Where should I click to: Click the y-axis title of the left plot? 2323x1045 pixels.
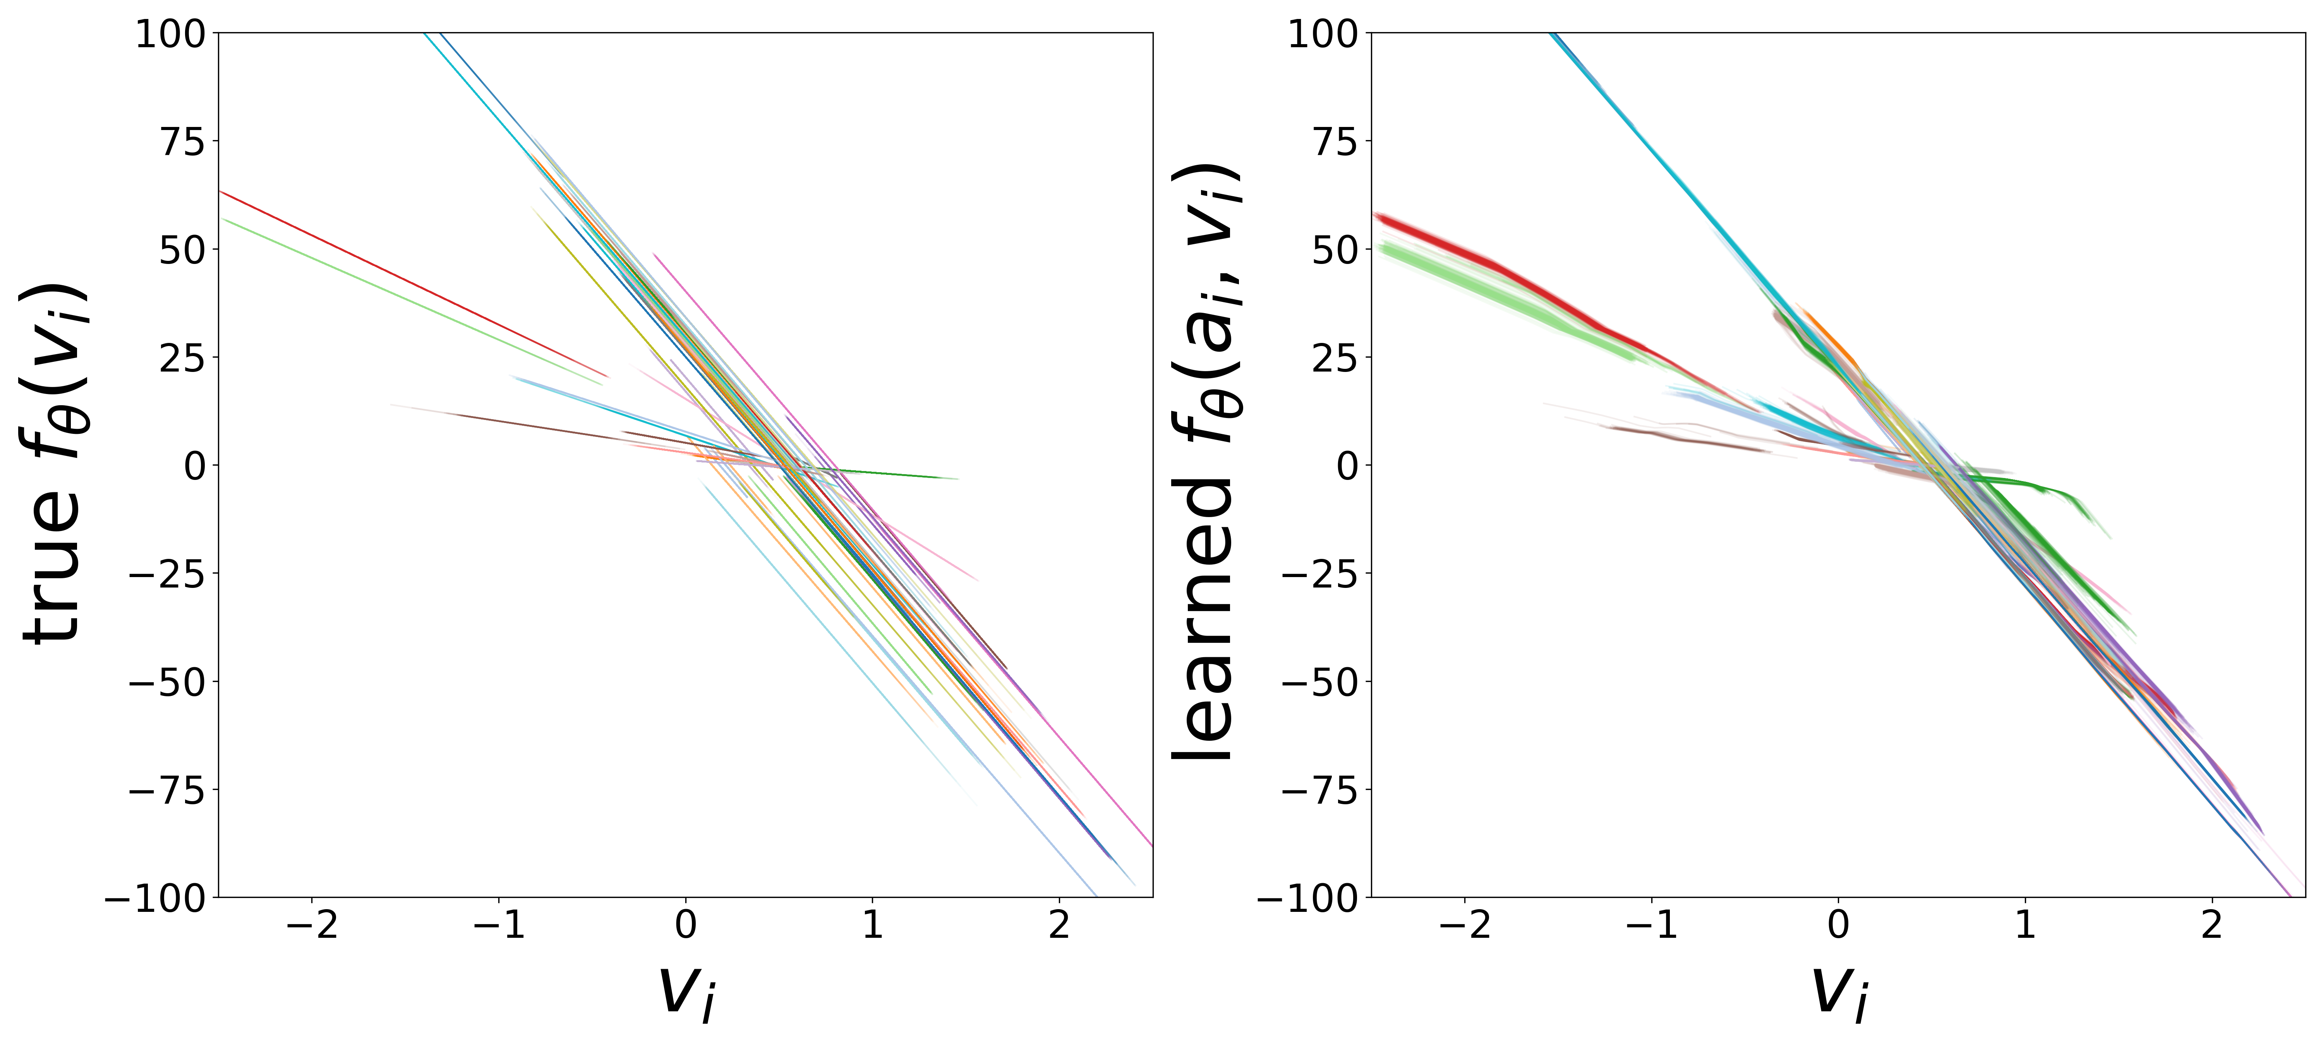pos(56,464)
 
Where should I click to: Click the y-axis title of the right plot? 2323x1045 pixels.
pos(1204,464)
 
